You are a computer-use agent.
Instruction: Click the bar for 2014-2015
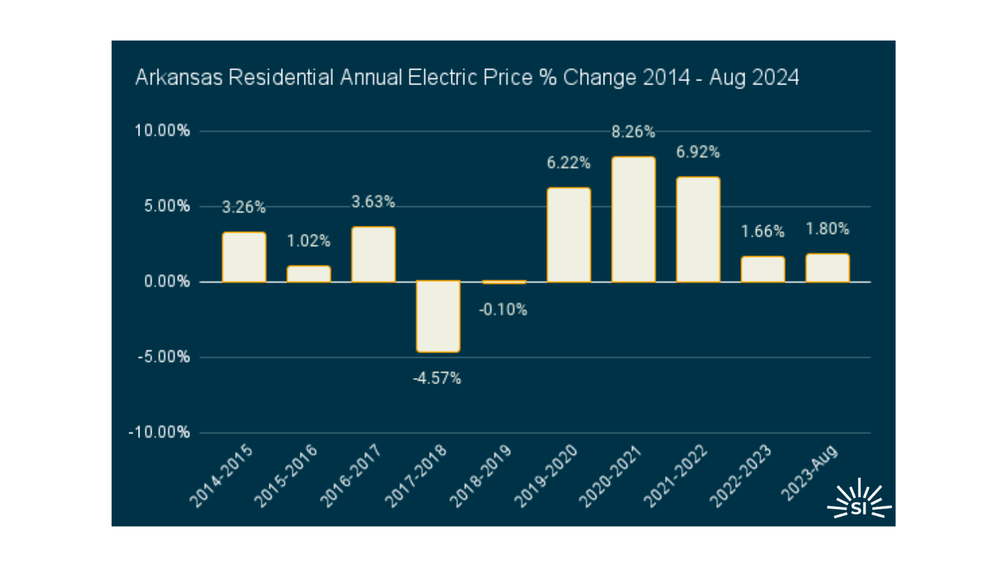(244, 257)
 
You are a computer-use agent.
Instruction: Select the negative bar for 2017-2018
(438, 316)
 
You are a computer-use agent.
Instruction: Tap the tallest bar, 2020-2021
(633, 219)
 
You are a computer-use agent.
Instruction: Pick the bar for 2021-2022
(698, 229)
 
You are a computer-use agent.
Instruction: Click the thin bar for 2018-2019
(503, 282)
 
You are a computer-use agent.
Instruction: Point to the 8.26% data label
(633, 133)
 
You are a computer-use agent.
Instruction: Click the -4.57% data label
(437, 379)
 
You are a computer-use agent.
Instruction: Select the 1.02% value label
(309, 241)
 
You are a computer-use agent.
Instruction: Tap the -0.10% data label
(503, 310)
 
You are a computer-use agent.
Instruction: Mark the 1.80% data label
(827, 229)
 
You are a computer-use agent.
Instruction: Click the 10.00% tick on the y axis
(162, 131)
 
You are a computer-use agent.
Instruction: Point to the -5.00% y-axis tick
(164, 357)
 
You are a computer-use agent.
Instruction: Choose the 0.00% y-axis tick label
(166, 282)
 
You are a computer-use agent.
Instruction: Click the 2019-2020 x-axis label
(546, 476)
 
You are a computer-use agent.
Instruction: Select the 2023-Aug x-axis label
(810, 473)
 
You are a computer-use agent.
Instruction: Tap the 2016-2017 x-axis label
(351, 476)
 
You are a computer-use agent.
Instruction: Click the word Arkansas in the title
(179, 78)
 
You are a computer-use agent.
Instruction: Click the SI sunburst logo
(859, 501)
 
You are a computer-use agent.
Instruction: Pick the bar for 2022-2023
(763, 269)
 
